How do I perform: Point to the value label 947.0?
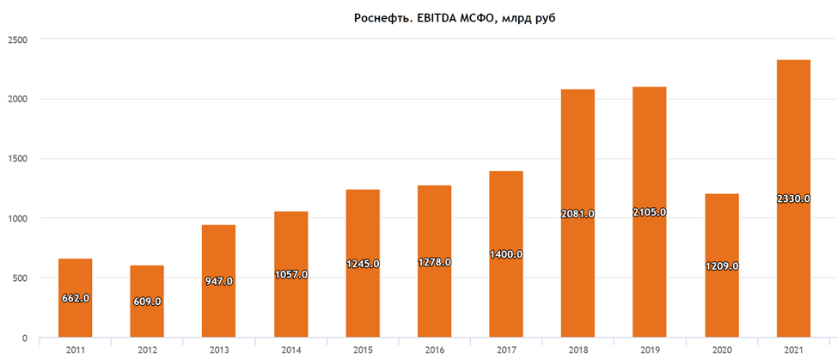(218, 281)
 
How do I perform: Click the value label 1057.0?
(290, 274)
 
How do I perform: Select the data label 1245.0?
(362, 264)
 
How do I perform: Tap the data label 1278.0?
(434, 262)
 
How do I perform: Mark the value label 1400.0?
(505, 255)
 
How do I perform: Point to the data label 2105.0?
(649, 211)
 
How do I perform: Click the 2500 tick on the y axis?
(16, 40)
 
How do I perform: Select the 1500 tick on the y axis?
(16, 159)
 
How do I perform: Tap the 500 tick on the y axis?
(19, 278)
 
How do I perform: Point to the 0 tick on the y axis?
(24, 338)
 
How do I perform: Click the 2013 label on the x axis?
(218, 349)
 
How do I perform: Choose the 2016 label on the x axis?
(434, 349)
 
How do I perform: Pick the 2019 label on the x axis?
(649, 349)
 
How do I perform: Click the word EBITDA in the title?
(431, 18)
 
